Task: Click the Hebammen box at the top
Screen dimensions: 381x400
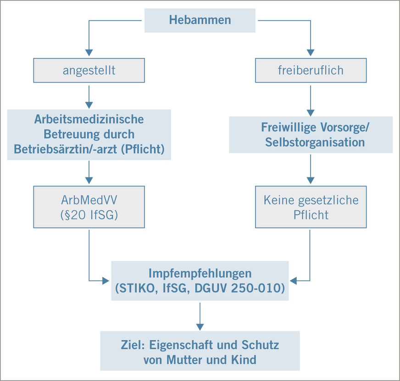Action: [200, 20]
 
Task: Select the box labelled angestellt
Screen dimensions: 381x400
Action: [89, 71]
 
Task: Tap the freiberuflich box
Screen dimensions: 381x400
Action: [311, 71]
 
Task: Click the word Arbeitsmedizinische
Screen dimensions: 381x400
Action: [89, 119]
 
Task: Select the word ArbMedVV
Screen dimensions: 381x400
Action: [89, 200]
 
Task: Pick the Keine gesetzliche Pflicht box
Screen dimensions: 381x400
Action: [311, 207]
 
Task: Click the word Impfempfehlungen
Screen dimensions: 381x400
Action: [200, 273]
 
